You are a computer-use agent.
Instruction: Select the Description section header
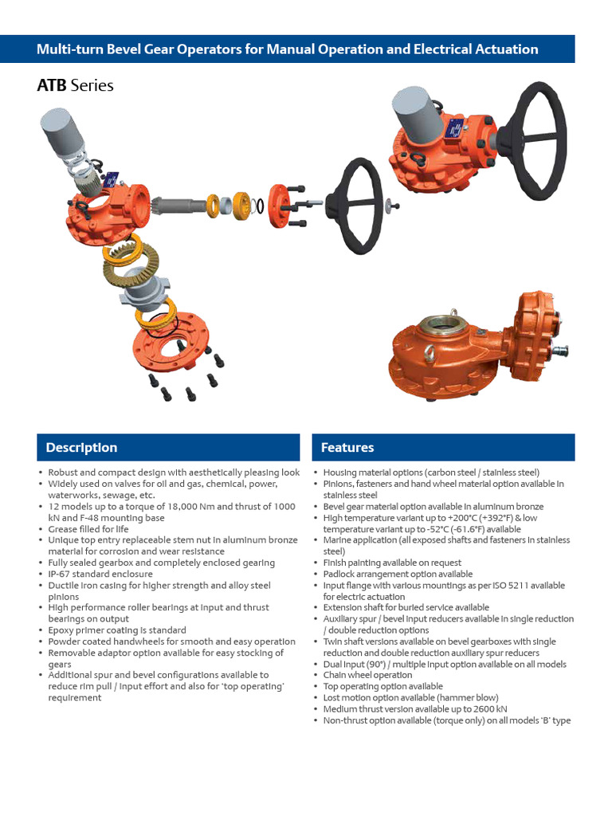pyautogui.click(x=81, y=448)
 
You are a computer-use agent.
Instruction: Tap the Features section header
pyautogui.click(x=347, y=448)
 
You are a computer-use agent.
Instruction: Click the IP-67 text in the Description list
pyautogui.click(x=61, y=574)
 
